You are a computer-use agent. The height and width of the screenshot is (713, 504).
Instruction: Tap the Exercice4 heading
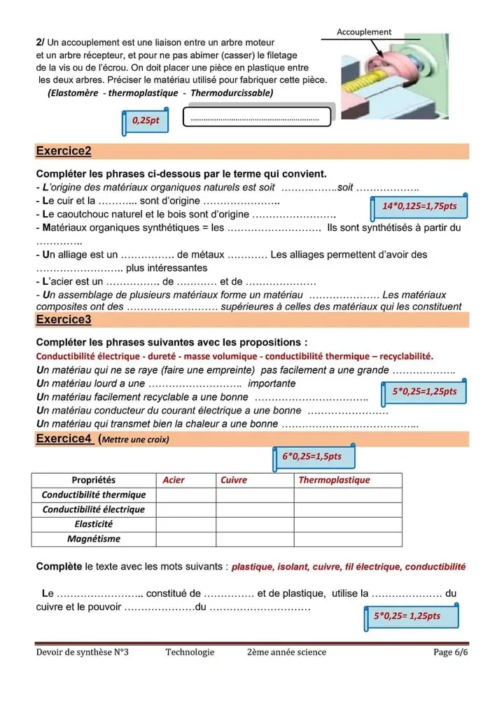[64, 439]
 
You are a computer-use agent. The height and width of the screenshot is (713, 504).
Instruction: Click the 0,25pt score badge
[146, 120]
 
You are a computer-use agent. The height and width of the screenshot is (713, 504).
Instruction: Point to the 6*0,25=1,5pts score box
[312, 456]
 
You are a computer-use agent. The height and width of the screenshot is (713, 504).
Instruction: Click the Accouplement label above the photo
[364, 31]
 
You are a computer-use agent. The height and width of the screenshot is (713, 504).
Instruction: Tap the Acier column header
[174, 480]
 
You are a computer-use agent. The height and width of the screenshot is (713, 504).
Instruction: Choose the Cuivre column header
[234, 480]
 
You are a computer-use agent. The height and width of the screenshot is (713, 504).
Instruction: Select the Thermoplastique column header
[334, 480]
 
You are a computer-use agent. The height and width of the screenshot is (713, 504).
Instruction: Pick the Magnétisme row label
[94, 539]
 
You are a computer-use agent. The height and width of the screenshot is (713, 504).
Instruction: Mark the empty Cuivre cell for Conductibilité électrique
[254, 509]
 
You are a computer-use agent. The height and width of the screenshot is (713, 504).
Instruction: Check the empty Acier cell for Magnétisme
[185, 539]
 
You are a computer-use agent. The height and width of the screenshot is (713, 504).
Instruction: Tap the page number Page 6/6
[450, 652]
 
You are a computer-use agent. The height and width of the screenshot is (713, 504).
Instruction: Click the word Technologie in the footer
[190, 652]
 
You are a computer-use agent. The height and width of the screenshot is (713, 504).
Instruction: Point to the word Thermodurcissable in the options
[232, 92]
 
